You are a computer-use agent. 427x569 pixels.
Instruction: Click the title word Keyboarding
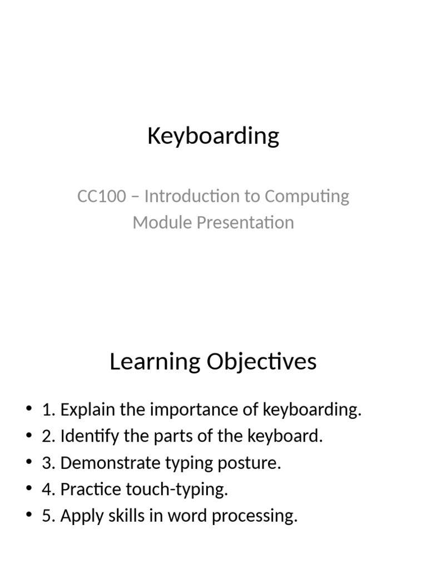(x=213, y=136)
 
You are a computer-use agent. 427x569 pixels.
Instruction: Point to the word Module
(x=158, y=222)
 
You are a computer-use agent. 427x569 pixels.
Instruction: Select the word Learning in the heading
(x=155, y=362)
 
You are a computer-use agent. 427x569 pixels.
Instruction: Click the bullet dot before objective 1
(x=29, y=410)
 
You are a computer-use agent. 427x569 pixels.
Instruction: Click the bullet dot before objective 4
(x=29, y=490)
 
